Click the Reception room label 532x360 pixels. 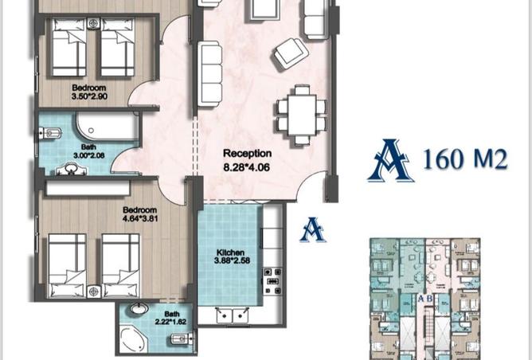[x=247, y=154]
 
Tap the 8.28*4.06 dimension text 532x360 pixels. [x=247, y=167]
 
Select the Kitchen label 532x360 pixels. [x=229, y=252]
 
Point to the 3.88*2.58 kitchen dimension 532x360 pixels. [x=232, y=261]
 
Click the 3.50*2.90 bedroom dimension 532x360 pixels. [x=89, y=97]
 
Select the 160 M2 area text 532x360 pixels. [x=465, y=160]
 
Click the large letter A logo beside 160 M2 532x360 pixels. [x=390, y=159]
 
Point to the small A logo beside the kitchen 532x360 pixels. [x=313, y=230]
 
